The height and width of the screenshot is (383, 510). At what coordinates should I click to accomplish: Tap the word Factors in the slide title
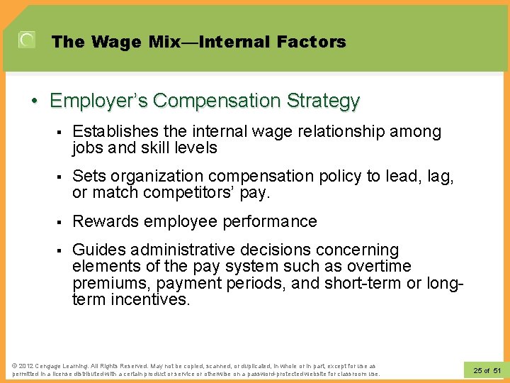point(312,42)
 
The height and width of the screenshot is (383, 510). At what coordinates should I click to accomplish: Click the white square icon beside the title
point(26,40)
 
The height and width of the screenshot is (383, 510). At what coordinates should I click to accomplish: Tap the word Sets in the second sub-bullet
point(88,177)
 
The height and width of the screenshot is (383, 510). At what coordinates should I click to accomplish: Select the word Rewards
point(106,221)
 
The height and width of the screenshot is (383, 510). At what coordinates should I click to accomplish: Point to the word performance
point(273,221)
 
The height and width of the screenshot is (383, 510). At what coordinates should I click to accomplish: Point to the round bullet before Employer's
point(35,101)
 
